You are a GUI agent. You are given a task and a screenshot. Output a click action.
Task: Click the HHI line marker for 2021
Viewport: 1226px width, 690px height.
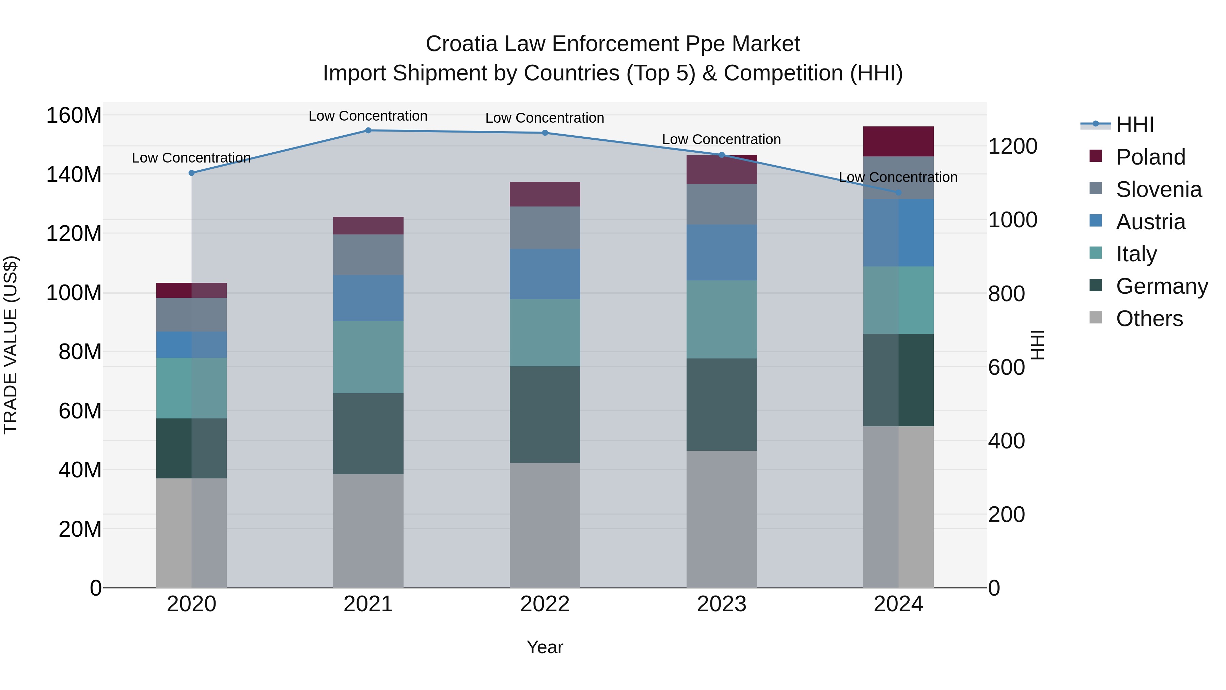368,131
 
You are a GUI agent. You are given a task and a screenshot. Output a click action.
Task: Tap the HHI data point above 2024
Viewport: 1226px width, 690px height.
898,193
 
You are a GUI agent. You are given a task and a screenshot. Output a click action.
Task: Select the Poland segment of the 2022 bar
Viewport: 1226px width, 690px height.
545,194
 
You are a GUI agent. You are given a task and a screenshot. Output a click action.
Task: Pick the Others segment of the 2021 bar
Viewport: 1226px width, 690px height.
368,531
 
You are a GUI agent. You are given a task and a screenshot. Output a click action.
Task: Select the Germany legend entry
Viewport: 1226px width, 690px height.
1161,286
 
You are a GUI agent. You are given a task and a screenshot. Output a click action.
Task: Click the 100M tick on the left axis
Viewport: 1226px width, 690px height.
74,292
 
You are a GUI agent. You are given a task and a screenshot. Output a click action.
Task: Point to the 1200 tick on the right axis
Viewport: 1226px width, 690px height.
1012,146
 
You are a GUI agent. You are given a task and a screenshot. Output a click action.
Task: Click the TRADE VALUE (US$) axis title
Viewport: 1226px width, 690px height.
11,345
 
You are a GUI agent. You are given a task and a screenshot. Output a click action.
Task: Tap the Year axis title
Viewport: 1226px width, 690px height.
545,647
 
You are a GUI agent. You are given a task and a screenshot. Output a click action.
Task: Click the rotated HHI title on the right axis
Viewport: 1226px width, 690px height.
1037,345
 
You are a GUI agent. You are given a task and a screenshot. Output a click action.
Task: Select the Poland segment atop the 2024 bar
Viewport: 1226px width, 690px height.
898,141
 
